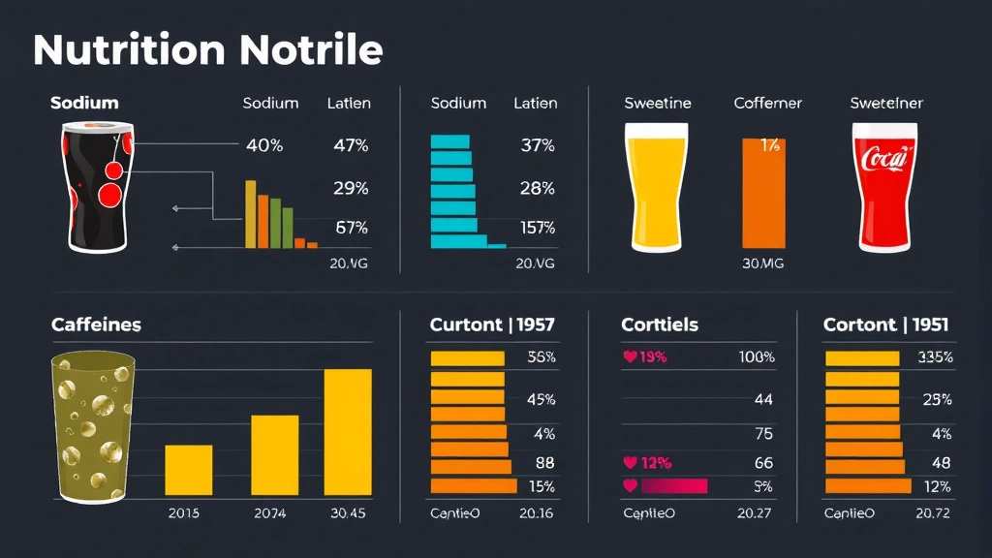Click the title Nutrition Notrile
point(207,50)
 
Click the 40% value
point(264,146)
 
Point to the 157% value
point(536,229)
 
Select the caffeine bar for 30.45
point(347,432)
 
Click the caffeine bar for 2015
point(188,470)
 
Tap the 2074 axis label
point(269,513)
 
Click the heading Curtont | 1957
point(492,325)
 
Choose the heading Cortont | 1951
point(885,325)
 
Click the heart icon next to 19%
point(630,357)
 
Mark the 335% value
point(935,357)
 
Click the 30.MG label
point(764,263)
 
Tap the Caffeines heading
point(96,325)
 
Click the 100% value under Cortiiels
point(756,357)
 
